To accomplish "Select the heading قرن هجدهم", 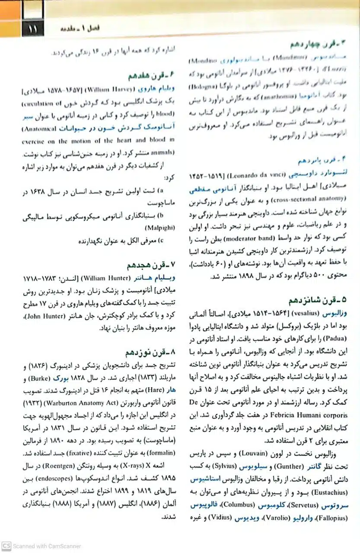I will (150, 264).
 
